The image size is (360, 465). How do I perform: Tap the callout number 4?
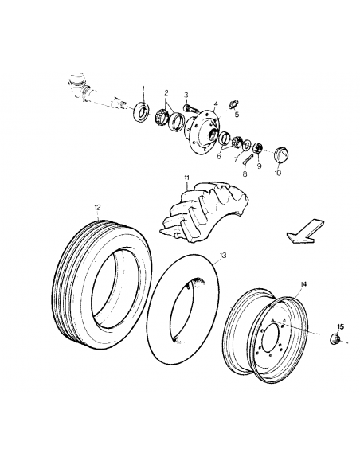pyautogui.click(x=215, y=103)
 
